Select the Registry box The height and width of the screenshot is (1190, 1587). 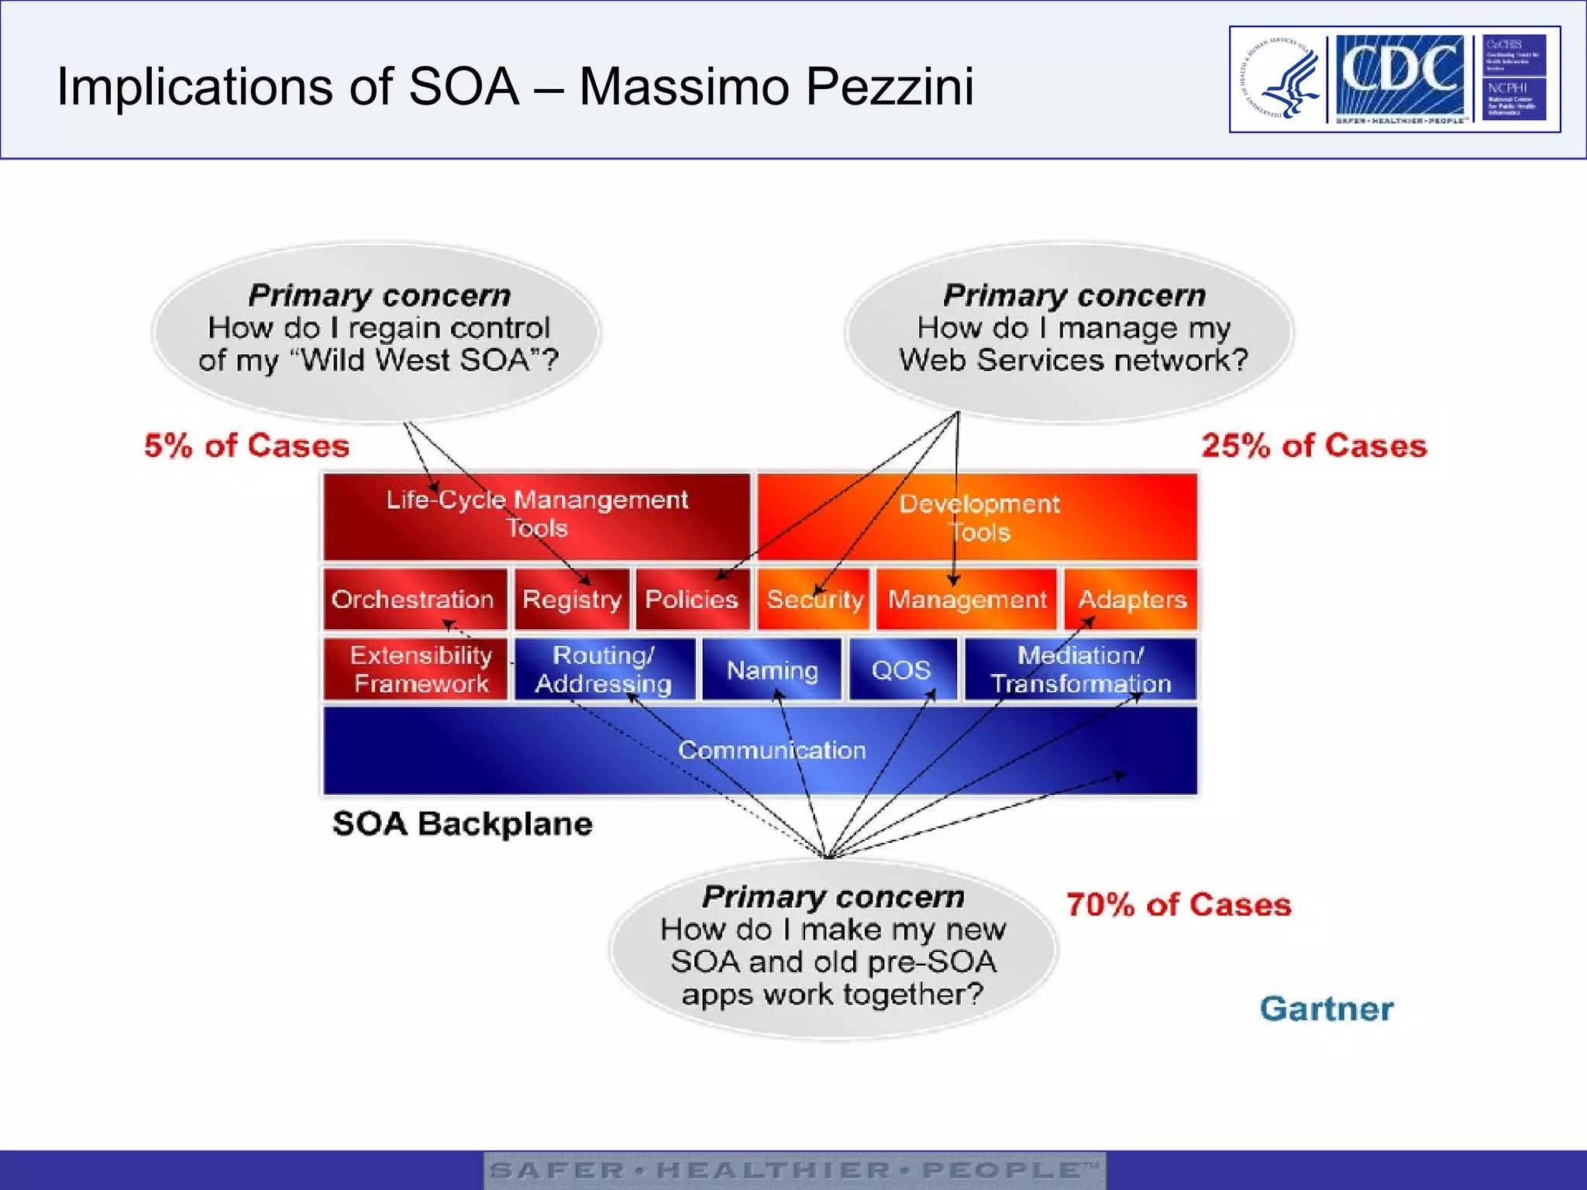tap(572, 599)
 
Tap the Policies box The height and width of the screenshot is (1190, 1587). tap(692, 599)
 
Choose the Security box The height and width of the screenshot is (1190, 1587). tap(814, 599)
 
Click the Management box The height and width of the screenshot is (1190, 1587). tap(966, 599)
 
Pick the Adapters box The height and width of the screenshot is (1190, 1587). tap(1131, 599)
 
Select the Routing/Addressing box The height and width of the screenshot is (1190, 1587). tap(604, 669)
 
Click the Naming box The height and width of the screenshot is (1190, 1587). tap(772, 669)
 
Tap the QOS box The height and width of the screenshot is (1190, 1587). tap(902, 669)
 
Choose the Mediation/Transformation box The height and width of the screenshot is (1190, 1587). tap(1080, 669)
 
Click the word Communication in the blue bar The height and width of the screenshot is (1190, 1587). tap(772, 750)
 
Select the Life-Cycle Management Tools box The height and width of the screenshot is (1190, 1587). tap(536, 515)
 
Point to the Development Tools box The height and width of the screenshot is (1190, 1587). tap(978, 517)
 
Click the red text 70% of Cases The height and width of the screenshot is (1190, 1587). tap(1179, 905)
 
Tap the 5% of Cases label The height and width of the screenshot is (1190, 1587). tap(246, 445)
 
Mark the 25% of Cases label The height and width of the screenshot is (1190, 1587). tap(1313, 445)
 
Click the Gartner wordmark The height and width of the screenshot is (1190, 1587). tap(1326, 1009)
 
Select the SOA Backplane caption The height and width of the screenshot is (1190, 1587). tap(462, 824)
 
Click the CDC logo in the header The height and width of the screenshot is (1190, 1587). tap(1399, 77)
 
